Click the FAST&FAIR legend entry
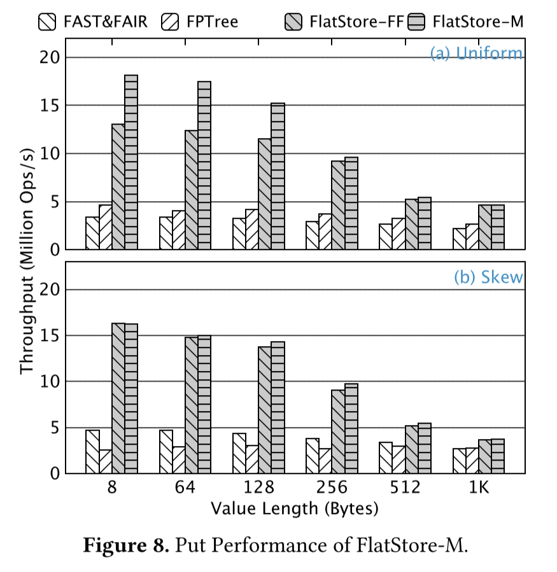[92, 22]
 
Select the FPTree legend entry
[201, 22]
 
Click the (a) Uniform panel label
[476, 53]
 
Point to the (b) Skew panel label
[488, 277]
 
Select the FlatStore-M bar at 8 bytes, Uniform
[131, 162]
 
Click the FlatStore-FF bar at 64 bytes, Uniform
[192, 190]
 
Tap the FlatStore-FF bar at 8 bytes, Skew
[118, 398]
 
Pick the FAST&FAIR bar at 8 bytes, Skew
[93, 451]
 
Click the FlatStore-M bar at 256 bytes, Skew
[351, 428]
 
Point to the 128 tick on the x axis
[258, 489]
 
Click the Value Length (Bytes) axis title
[294, 508]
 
